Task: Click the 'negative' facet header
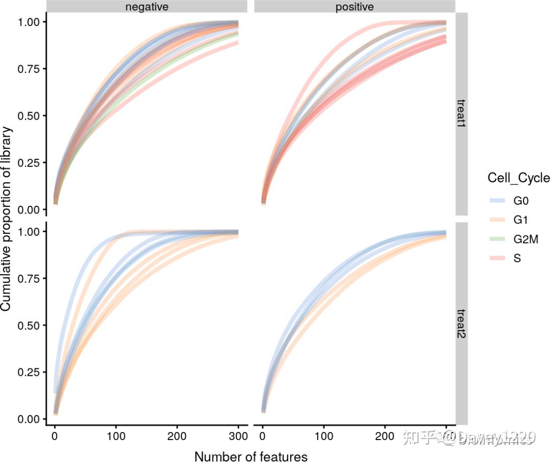[147, 7]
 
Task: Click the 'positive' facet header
[354, 7]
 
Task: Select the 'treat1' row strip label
[461, 114]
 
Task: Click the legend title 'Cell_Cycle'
[518, 178]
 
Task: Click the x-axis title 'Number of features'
[251, 456]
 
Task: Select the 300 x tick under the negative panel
[238, 437]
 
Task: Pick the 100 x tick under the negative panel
[116, 437]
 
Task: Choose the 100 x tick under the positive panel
[323, 437]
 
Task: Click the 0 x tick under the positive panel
[262, 437]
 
